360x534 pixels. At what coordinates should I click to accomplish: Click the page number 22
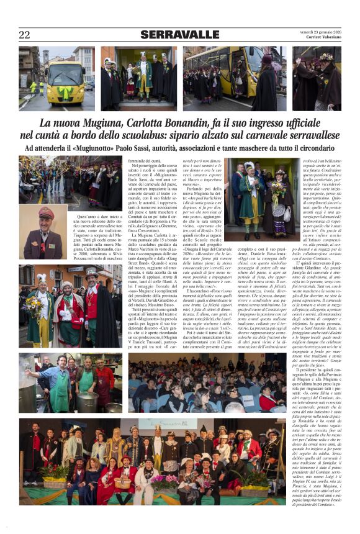24,34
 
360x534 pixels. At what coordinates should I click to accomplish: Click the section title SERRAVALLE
179,34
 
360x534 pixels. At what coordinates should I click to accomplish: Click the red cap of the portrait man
46,212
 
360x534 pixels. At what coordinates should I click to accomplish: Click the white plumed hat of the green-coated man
250,166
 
